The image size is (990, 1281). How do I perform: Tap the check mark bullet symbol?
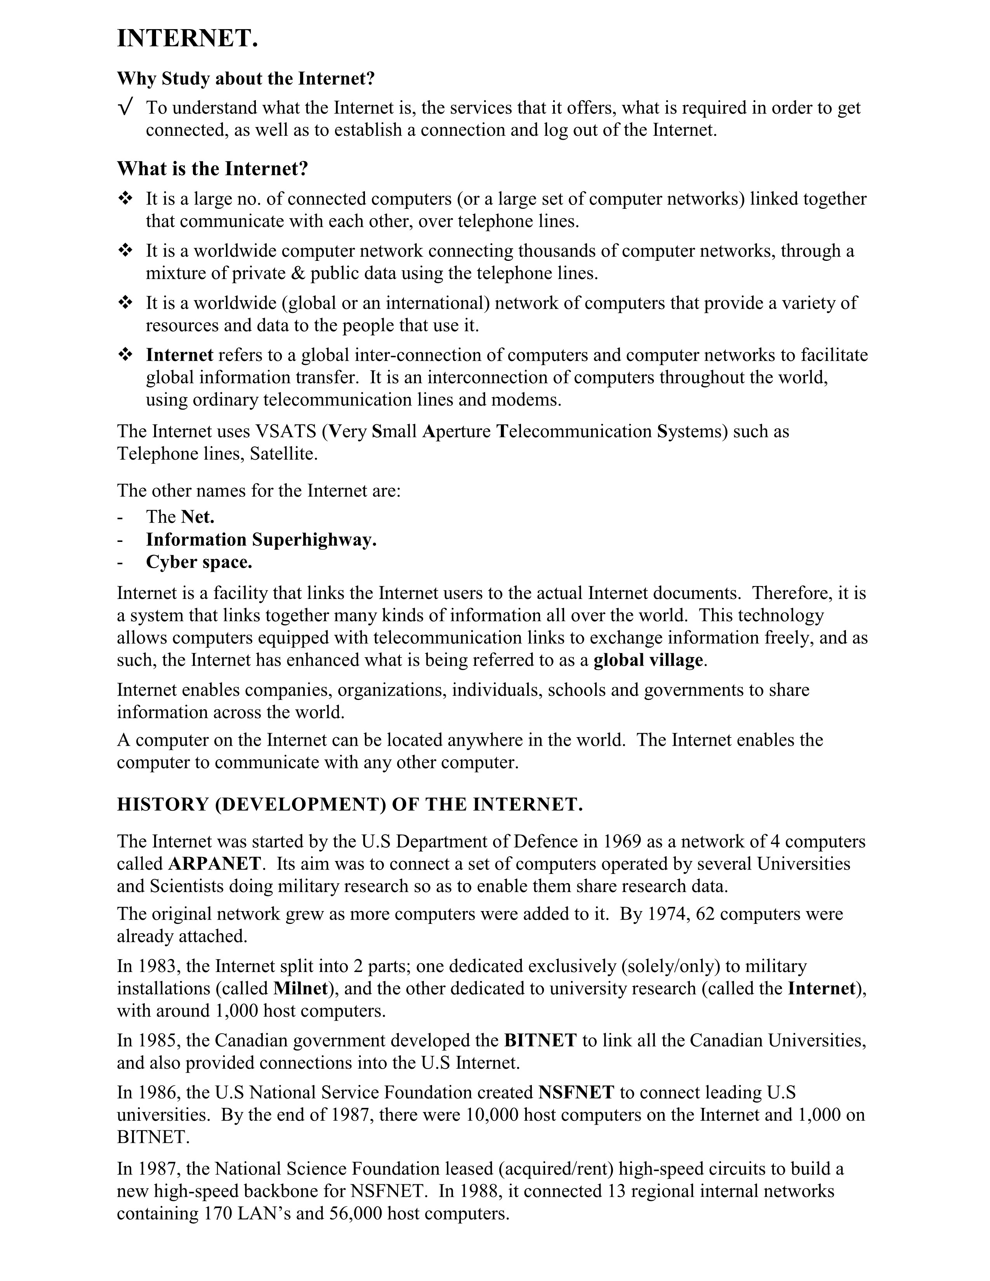tap(124, 108)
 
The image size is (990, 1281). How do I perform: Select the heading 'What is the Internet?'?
tap(212, 169)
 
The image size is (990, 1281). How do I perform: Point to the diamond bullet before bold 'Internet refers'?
tap(125, 355)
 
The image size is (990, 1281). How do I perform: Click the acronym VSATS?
tap(286, 432)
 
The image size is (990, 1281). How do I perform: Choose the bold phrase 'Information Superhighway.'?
tap(261, 540)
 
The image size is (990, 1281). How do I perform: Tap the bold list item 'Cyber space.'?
tap(199, 562)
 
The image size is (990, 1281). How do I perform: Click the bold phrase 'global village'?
tap(648, 660)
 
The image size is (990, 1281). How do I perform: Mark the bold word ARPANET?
tap(215, 864)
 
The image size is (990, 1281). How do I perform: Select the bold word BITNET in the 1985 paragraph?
tap(540, 1040)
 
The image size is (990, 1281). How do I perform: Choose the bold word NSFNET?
tap(576, 1093)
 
